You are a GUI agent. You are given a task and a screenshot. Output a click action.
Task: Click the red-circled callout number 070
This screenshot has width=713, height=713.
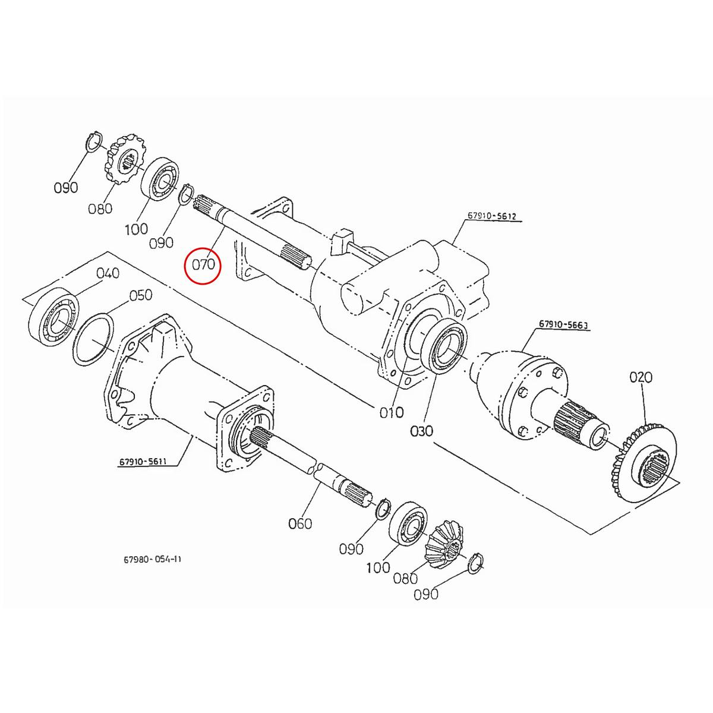coord(203,263)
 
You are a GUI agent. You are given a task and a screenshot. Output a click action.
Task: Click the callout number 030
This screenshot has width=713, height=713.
coord(421,430)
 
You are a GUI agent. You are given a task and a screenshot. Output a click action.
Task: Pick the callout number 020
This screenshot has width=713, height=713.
coord(641,377)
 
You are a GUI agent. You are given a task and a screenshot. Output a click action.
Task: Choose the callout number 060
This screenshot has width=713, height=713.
coord(300,523)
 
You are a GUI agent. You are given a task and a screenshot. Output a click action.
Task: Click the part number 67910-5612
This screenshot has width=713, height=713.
coord(493,216)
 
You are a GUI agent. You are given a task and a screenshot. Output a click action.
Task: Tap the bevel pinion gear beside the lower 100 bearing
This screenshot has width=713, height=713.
coord(446,546)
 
